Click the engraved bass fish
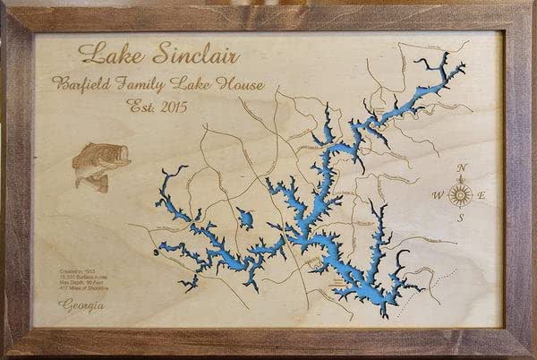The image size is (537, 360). [x=99, y=165]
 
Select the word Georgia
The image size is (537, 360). [x=79, y=308]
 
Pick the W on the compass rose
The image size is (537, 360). [x=439, y=195]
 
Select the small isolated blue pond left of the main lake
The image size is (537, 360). [x=243, y=218]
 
